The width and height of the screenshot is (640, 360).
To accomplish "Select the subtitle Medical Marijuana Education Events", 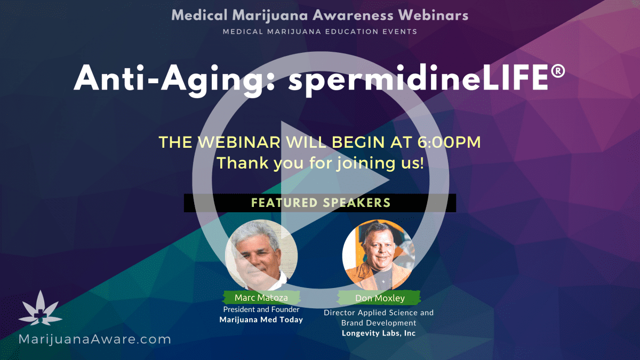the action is pyautogui.click(x=320, y=31).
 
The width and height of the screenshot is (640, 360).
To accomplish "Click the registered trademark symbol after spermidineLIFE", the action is pyautogui.click(x=558, y=71).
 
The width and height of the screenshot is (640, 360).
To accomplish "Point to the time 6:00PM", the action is pyautogui.click(x=449, y=142).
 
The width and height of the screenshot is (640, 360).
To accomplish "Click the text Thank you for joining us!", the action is pyautogui.click(x=320, y=163).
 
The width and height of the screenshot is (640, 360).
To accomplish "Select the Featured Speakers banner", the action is pyautogui.click(x=320, y=203).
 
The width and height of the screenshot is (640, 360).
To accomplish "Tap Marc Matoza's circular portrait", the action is pyautogui.click(x=261, y=255).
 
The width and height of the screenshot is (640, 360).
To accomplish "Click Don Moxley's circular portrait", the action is pyautogui.click(x=379, y=255).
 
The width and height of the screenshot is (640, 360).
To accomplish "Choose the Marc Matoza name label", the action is pyautogui.click(x=261, y=298).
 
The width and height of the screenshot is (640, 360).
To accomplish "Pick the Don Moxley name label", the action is pyautogui.click(x=380, y=298).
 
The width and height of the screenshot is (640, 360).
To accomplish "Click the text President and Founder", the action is pyautogui.click(x=261, y=309).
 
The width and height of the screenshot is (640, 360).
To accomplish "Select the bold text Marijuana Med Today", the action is pyautogui.click(x=261, y=319).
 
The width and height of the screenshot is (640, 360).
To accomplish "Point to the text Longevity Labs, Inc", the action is pyautogui.click(x=379, y=333).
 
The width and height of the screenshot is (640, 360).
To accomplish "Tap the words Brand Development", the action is pyautogui.click(x=379, y=323).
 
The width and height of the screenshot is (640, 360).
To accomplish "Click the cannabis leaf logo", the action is pyautogui.click(x=41, y=308).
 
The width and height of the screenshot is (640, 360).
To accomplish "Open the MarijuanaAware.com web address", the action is pyautogui.click(x=94, y=339).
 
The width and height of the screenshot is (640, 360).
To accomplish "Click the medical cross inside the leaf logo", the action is pyautogui.click(x=41, y=315).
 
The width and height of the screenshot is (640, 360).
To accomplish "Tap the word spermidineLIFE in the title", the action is pyautogui.click(x=419, y=79).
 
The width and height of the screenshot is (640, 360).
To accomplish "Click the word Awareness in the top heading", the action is pyautogui.click(x=353, y=15).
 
